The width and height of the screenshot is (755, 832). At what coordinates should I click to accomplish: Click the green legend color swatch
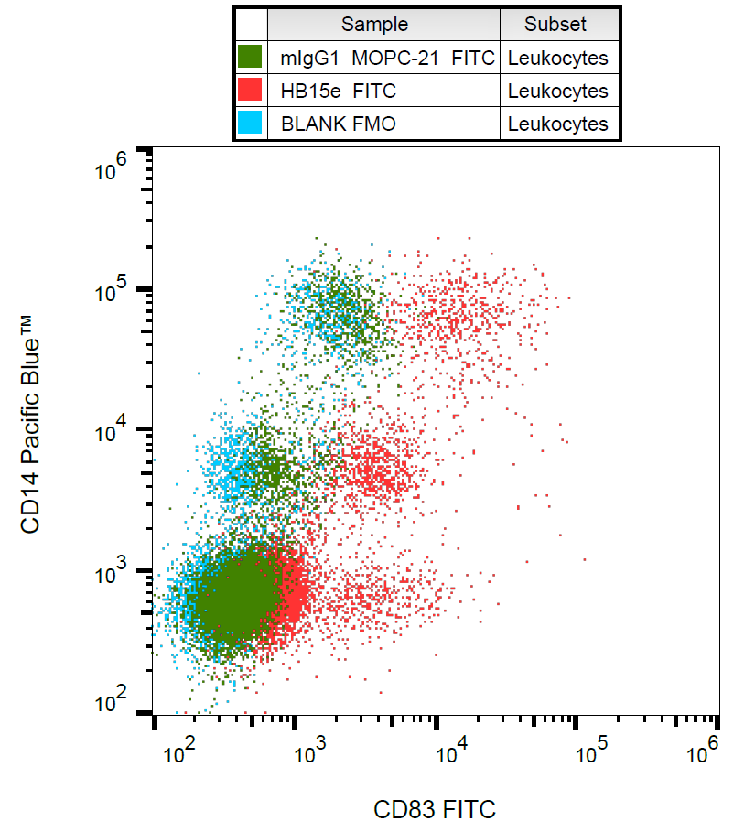(x=250, y=58)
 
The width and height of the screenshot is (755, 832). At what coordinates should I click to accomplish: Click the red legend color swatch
(x=250, y=90)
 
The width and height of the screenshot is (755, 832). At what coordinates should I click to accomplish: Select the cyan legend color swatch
(x=250, y=123)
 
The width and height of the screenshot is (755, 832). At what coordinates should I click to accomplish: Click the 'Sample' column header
(x=374, y=25)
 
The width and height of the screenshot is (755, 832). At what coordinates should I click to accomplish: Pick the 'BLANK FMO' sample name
(x=338, y=124)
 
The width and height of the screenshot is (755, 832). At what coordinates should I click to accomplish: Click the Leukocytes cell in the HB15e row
(x=557, y=91)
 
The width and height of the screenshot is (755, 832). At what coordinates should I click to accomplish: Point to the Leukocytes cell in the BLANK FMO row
(x=557, y=124)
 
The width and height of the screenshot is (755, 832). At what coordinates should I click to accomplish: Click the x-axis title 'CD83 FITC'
(x=435, y=809)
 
